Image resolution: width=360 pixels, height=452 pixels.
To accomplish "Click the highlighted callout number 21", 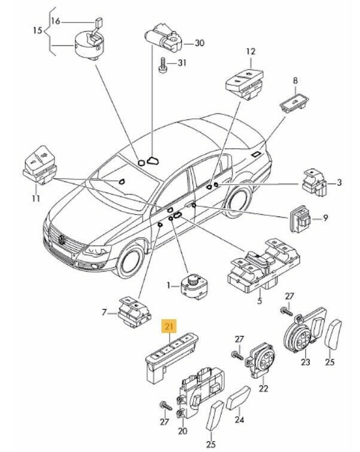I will click(x=169, y=326).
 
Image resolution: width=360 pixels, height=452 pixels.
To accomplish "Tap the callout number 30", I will click(x=199, y=43).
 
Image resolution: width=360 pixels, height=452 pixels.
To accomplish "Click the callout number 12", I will click(x=251, y=53).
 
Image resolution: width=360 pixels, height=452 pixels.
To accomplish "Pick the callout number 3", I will click(x=339, y=183).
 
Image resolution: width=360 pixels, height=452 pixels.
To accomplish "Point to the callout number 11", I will click(x=35, y=198).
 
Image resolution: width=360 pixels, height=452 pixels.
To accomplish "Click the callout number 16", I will click(x=56, y=22).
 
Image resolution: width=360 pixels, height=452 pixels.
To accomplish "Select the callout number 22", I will click(x=263, y=405).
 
